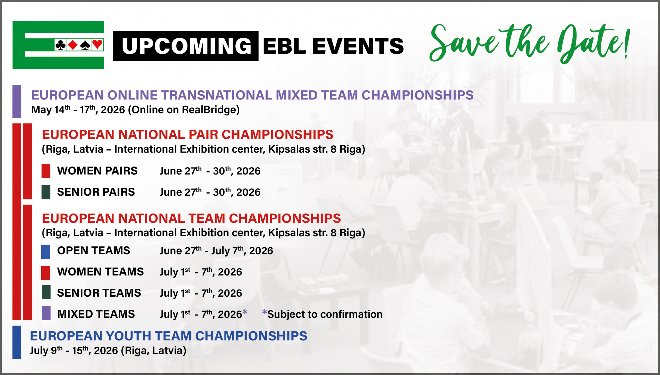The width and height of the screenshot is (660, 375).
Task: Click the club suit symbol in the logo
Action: pyautogui.click(x=61, y=45)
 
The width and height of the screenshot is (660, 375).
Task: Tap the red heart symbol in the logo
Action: pyautogui.click(x=97, y=45)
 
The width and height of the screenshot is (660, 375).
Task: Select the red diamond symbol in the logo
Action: pyautogui.click(x=73, y=45)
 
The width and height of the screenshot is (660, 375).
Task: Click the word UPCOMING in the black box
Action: pyautogui.click(x=186, y=46)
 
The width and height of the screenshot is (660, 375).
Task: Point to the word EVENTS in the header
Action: pyautogui.click(x=358, y=46)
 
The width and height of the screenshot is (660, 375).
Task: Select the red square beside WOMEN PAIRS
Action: pyautogui.click(x=46, y=171)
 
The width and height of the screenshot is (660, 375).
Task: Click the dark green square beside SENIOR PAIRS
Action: pyautogui.click(x=46, y=192)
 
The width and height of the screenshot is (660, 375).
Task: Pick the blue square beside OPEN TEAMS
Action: pyautogui.click(x=46, y=252)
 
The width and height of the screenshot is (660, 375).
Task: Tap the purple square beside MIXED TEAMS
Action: pyautogui.click(x=46, y=313)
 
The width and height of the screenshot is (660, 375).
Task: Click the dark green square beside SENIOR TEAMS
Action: pyautogui.click(x=46, y=292)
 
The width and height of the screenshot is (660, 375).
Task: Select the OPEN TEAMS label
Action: pyautogui.click(x=94, y=251)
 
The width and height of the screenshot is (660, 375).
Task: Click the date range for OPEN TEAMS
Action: pyautogui.click(x=216, y=251)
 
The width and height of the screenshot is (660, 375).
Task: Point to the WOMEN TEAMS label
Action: pyautogui.click(x=101, y=272)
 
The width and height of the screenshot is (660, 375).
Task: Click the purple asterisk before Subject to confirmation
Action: pyautogui.click(x=265, y=312)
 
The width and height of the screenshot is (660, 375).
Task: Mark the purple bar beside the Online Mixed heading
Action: pyautogui.click(x=17, y=102)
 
